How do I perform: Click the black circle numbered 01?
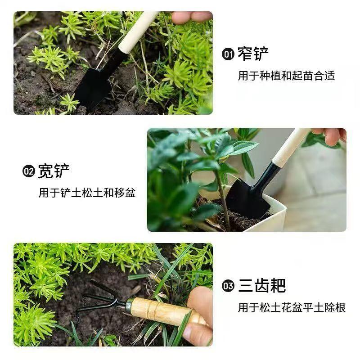(x=228, y=54)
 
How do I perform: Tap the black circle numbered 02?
(x=29, y=171)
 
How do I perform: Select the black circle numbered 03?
(x=228, y=286)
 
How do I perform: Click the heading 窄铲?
(x=253, y=54)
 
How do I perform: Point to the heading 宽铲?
(x=54, y=171)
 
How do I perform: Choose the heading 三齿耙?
(x=262, y=286)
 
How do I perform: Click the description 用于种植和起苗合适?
(x=286, y=76)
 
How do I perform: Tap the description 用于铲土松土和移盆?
(x=87, y=193)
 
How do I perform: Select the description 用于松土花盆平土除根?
(x=292, y=307)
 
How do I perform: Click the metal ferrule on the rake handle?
(x=129, y=305)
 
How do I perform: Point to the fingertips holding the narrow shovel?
(x=192, y=17)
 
